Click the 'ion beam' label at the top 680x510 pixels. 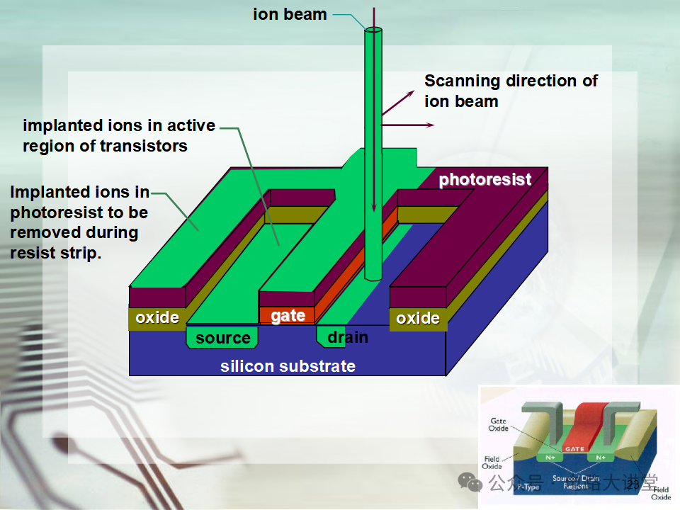tap(290, 14)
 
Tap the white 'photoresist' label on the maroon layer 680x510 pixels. tap(484, 179)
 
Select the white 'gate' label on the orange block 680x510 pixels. tap(288, 316)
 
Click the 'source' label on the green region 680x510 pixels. tap(223, 338)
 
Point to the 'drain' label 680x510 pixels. tap(347, 337)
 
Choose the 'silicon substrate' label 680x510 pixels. tap(288, 366)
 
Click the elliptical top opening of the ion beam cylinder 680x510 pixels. tap(373, 30)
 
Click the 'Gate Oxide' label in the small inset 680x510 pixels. tap(498, 425)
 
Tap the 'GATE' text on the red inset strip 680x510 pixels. tap(574, 448)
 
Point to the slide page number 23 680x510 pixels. tap(633, 484)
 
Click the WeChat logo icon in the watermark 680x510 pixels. tap(470, 481)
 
